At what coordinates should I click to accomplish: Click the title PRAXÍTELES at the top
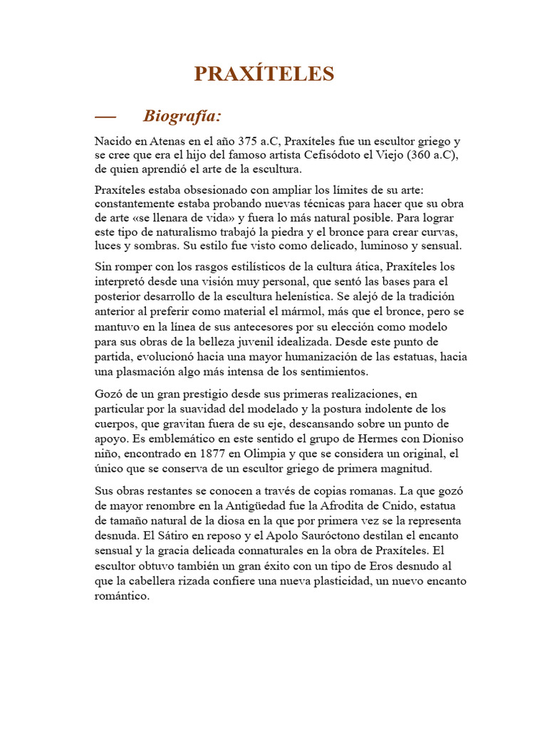coord(264,73)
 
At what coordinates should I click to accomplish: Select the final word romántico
coord(123,596)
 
